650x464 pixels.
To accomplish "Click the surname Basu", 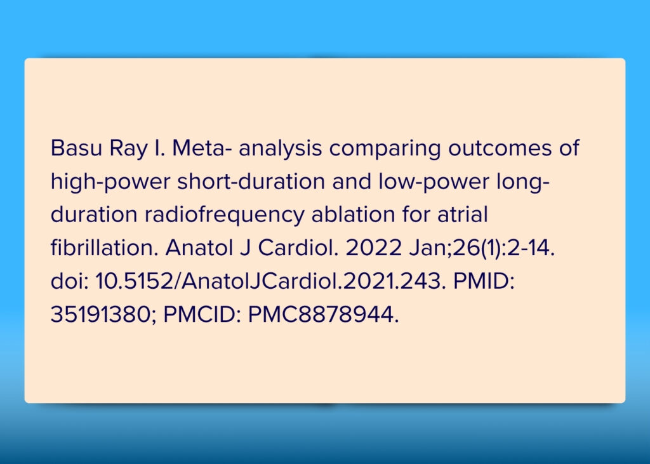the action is tap(76, 148).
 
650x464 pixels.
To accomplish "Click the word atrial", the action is tap(462, 215).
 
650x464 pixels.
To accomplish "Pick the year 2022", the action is tap(373, 248).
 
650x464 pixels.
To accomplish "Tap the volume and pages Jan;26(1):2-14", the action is tap(482, 249).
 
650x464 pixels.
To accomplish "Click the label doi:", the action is tap(70, 281).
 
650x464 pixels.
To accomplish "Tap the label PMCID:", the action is tap(202, 315).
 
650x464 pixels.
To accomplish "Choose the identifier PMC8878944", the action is tap(323, 315).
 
